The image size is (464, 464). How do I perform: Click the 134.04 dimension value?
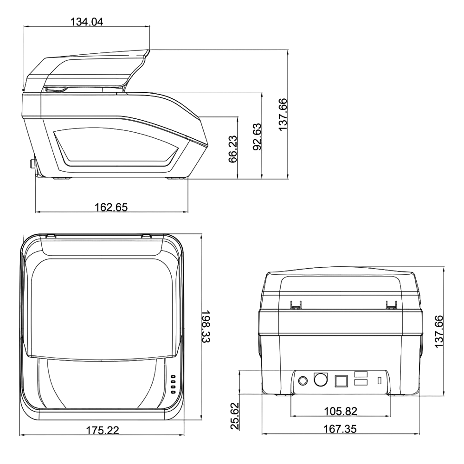click(87, 22)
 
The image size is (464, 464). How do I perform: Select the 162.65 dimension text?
click(111, 207)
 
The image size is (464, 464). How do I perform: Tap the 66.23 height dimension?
click(233, 149)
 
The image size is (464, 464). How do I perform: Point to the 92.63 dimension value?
click(258, 137)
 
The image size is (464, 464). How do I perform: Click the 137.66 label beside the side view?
click(283, 114)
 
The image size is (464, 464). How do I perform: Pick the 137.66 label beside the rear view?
click(439, 331)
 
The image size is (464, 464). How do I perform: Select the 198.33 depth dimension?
click(206, 326)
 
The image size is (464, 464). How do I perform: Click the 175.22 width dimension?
click(103, 430)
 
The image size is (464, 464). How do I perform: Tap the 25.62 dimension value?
click(235, 415)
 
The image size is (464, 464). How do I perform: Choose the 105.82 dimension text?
click(341, 411)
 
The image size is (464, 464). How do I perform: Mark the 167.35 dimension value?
click(340, 429)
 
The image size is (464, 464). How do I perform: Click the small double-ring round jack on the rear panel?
click(303, 380)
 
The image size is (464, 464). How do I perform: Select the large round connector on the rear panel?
click(321, 380)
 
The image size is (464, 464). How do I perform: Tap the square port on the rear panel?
click(341, 381)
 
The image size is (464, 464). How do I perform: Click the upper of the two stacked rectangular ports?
click(361, 374)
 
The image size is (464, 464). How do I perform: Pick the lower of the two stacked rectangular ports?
click(361, 382)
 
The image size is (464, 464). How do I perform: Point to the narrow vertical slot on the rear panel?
click(380, 380)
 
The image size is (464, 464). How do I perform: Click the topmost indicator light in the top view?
click(173, 377)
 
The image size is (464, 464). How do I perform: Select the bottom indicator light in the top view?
click(173, 392)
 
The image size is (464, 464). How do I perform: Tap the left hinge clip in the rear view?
click(295, 305)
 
